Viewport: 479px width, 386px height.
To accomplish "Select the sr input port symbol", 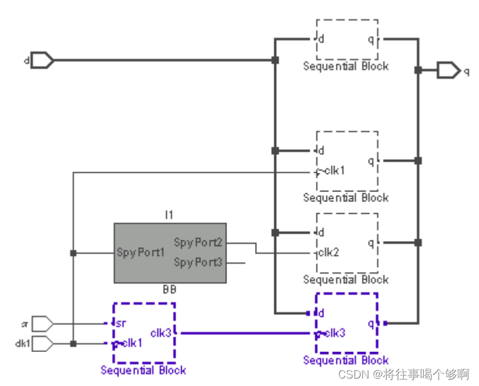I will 42,323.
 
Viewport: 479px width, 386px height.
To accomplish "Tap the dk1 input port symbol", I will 42,343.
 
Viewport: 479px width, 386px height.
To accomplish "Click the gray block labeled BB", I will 169,253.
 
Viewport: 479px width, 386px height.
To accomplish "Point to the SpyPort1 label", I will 141,253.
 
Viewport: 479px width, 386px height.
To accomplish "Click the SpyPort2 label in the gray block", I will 197,242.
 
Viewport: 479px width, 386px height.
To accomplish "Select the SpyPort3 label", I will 197,263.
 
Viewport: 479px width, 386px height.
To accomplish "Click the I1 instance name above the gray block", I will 169,215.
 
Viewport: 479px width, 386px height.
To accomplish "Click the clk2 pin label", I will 329,253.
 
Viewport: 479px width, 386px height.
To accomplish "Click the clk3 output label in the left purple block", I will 161,333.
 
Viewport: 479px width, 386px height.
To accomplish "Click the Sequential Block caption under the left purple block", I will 143,371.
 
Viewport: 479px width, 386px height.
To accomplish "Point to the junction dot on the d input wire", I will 275,60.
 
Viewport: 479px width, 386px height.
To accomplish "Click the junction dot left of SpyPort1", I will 73,253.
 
